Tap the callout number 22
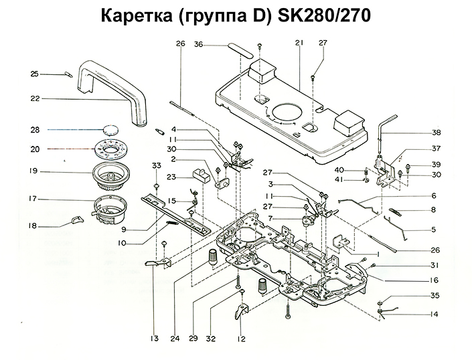click(35, 98)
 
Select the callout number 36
click(199, 45)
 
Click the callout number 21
click(298, 43)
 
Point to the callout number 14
click(434, 314)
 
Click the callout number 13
click(153, 339)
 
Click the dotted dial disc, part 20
click(111, 148)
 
